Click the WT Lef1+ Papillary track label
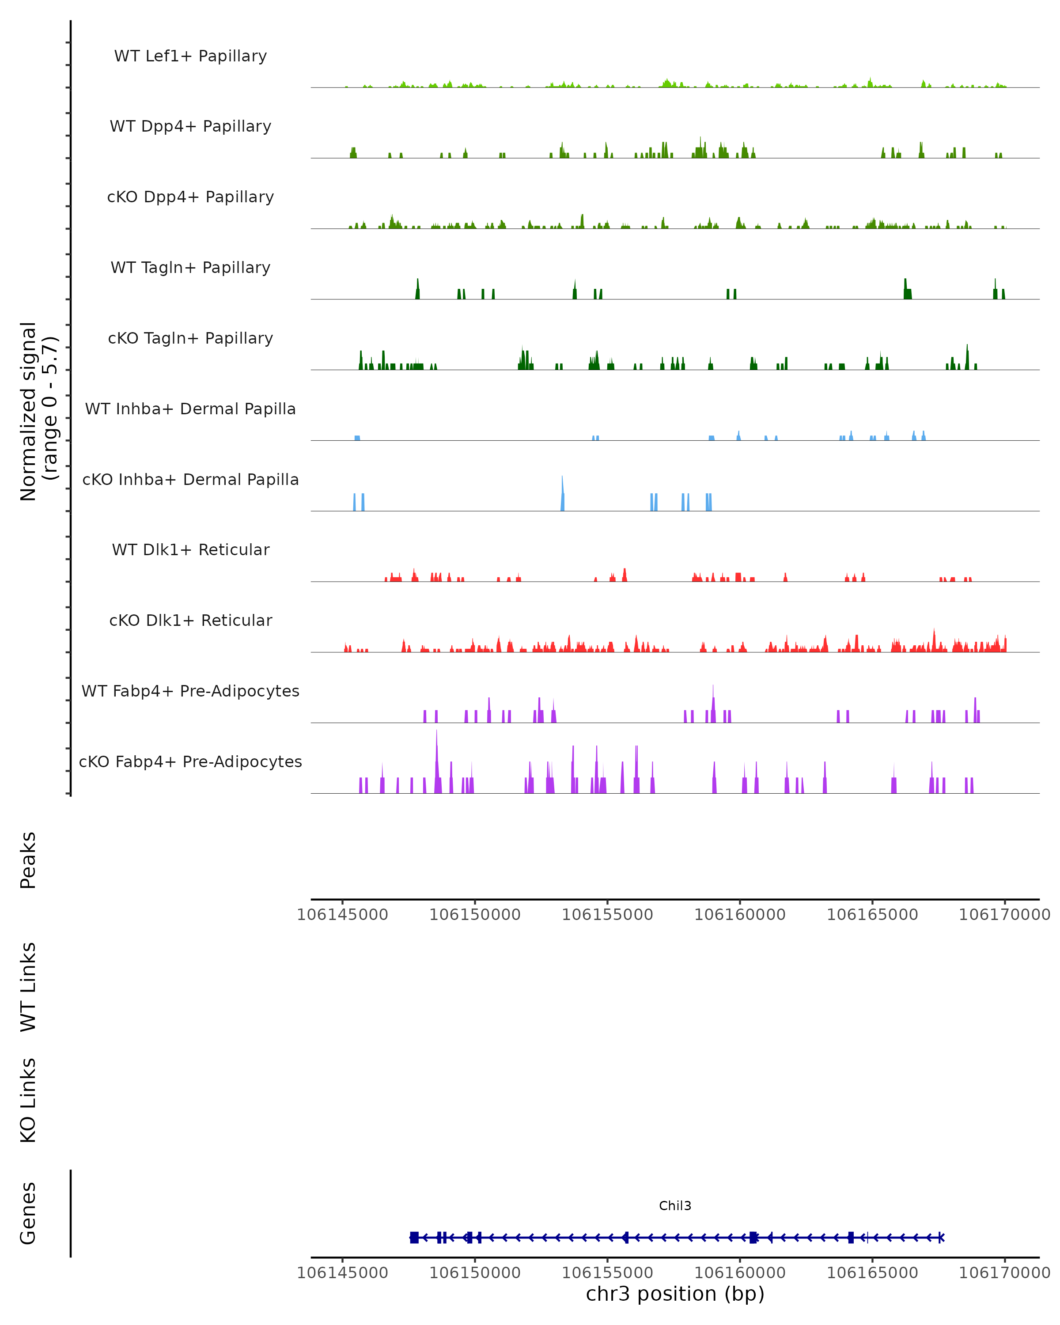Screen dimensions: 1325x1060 pos(190,56)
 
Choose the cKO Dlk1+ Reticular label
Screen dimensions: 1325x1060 pos(190,620)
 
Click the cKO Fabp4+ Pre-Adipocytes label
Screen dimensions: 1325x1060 pos(190,761)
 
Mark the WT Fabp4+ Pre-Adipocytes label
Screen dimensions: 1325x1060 pos(190,691)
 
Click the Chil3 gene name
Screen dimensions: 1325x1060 pos(675,1206)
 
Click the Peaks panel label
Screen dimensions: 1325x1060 pos(28,860)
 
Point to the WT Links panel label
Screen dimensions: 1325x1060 pos(28,986)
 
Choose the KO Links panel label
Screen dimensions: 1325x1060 pos(28,1100)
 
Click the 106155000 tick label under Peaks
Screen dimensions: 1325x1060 pos(607,915)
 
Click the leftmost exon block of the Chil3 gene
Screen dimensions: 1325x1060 pos(414,1237)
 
